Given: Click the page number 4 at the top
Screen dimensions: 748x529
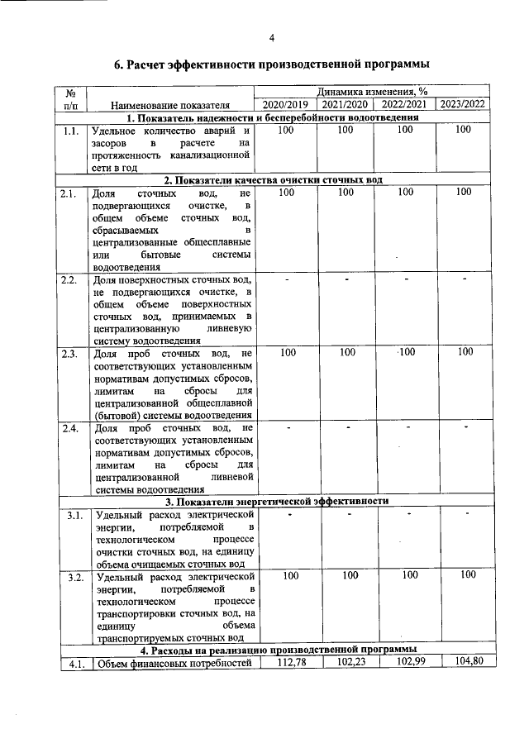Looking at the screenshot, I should click(271, 36).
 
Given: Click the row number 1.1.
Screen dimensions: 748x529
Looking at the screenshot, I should click(70, 131).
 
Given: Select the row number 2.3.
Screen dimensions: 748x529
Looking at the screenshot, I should click(70, 354).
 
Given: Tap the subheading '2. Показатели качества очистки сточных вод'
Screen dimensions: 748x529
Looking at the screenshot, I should click(273, 180).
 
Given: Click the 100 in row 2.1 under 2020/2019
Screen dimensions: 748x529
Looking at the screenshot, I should click(287, 193).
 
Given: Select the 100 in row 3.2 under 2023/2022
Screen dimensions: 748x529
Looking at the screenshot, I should click(468, 574).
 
